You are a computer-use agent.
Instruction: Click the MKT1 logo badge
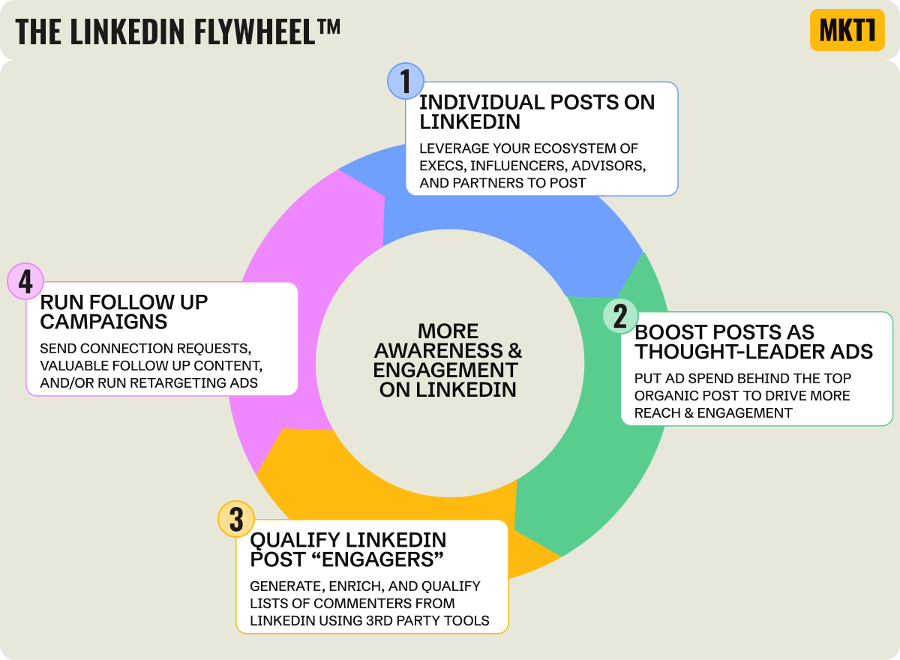pos(847,30)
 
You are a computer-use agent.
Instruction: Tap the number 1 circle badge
pos(406,81)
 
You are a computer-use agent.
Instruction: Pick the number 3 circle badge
pos(236,519)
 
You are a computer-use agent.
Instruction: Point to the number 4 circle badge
pos(25,282)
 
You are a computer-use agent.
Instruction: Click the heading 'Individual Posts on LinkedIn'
pos(536,112)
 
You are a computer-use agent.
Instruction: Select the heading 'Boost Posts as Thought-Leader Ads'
pos(754,341)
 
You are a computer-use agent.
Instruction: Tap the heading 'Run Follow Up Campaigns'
pos(124,311)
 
